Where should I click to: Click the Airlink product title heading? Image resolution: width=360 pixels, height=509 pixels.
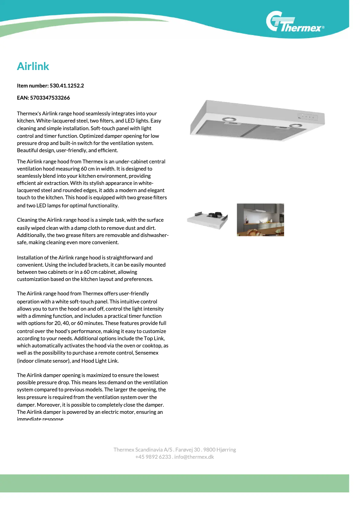coord(33,66)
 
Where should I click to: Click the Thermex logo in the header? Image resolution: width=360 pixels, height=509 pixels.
coord(295,24)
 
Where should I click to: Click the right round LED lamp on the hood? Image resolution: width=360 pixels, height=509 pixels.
coord(295,126)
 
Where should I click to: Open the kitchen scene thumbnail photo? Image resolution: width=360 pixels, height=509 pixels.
coord(260,219)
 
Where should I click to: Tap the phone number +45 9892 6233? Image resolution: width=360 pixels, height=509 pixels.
coord(153,457)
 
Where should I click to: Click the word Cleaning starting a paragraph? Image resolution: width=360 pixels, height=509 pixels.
coord(28,220)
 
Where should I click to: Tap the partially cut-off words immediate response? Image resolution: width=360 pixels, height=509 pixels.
coord(40,419)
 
